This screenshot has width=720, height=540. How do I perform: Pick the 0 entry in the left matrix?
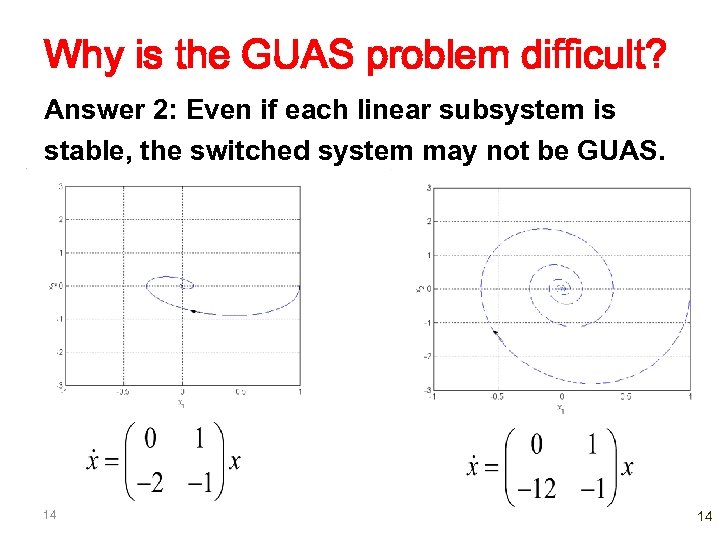pos(151,439)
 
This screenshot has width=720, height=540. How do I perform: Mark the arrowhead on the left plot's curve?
pos(193,312)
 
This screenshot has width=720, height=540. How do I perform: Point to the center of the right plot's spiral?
pos(562,288)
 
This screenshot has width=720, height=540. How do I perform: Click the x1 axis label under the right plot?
pos(561,408)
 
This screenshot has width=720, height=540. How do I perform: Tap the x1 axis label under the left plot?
pos(181,403)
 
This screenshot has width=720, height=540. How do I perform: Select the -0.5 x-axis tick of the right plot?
pos(497,397)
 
